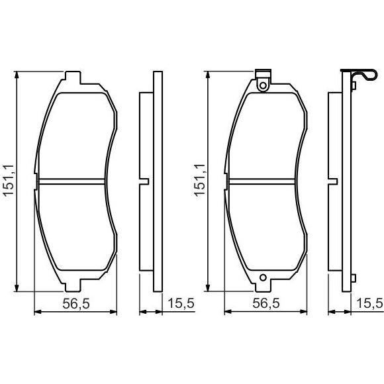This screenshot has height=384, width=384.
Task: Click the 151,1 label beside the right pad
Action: click(x=199, y=180)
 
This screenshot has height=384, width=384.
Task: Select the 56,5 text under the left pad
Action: click(x=76, y=304)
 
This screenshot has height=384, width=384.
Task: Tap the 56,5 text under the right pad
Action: click(x=266, y=304)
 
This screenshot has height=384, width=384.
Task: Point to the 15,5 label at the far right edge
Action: click(x=370, y=303)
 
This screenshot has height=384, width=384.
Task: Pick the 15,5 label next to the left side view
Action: click(x=181, y=303)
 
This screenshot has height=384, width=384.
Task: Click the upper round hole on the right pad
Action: click(x=263, y=85)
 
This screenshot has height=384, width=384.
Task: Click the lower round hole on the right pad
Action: click(x=263, y=277)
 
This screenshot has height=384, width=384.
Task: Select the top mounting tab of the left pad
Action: click(x=73, y=77)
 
